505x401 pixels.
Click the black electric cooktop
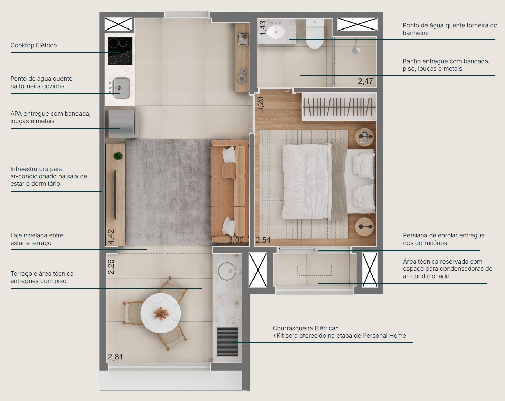pyautogui.click(x=120, y=51)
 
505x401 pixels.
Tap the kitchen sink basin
pyautogui.click(x=121, y=88)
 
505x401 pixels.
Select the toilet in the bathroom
pyautogui.click(x=315, y=34)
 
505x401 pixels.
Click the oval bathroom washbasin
pyautogui.click(x=276, y=32)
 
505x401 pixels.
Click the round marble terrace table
pyautogui.click(x=161, y=313)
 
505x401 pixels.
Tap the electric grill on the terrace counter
pyautogui.click(x=227, y=342)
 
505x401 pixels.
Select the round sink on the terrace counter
pyautogui.click(x=227, y=271)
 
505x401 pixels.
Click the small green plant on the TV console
pyautogui.click(x=118, y=156)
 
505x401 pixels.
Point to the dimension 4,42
pyautogui.click(x=111, y=236)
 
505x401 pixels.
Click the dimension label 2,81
pyautogui.click(x=115, y=357)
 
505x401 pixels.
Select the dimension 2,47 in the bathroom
pyautogui.click(x=365, y=81)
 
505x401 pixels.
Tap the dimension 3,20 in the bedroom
pyautogui.click(x=260, y=104)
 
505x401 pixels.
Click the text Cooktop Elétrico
pyautogui.click(x=34, y=45)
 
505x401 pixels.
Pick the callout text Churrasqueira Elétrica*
pyautogui.click(x=305, y=328)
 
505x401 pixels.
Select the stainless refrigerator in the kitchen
pyautogui.click(x=123, y=124)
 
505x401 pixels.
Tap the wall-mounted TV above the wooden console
pyautogui.click(x=115, y=195)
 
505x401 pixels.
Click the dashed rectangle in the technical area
pyautogui.click(x=314, y=270)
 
